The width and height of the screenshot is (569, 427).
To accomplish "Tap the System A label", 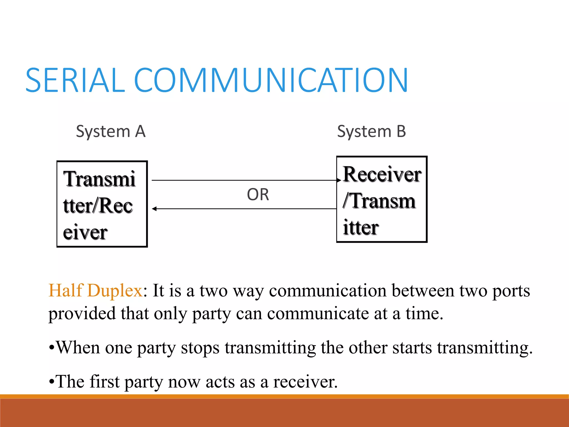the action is coord(111,131).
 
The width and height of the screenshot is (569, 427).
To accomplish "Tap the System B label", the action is coord(371,131).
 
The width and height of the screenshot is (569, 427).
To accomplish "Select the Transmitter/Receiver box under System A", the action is coord(102,204).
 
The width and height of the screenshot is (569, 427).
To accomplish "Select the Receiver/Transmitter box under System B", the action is coord(382,199).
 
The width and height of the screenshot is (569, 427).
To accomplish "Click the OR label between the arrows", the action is coord(258,194).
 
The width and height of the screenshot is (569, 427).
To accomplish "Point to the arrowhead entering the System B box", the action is coord(339,180).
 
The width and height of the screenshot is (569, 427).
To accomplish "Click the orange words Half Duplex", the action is coord(96,291).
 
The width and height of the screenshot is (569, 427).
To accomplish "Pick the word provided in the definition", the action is coord(82,314).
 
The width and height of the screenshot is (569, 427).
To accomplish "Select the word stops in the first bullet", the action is coord(200,347).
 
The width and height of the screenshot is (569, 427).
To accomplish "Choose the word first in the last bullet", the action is coord(104,381).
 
